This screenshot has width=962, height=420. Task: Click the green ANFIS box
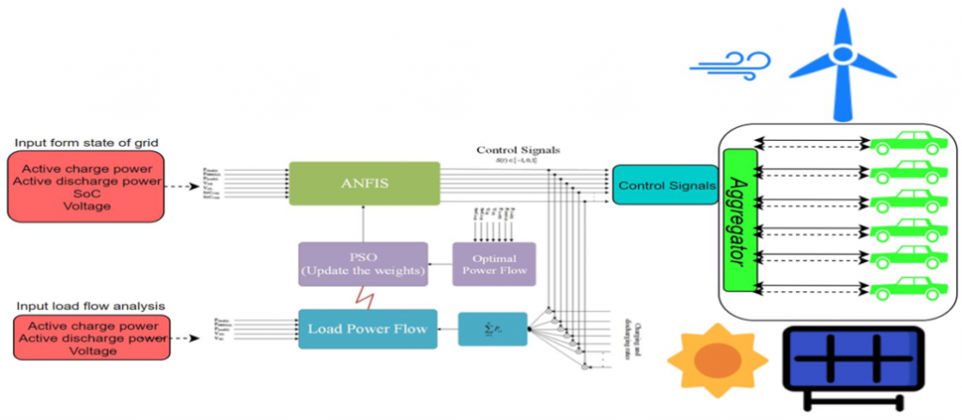[364, 184]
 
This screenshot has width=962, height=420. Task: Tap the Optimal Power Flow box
[493, 265]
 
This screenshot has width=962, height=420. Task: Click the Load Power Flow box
[368, 329]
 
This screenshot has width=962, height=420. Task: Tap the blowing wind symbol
[729, 63]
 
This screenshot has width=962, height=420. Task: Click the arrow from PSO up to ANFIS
[364, 226]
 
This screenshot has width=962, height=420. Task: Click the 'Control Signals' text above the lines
[519, 149]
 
